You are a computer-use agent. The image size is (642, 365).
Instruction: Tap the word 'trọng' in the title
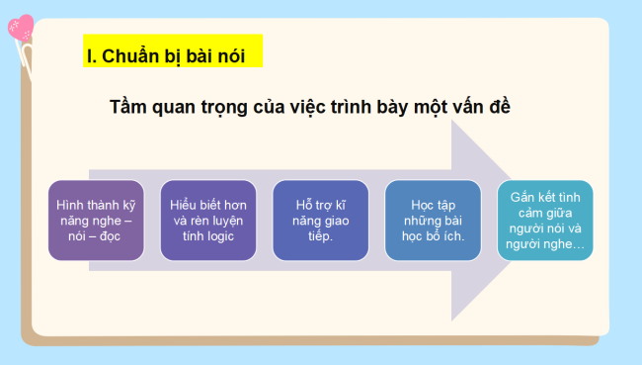[234, 107]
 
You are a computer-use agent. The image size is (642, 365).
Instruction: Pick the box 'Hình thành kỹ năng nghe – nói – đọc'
[96, 221]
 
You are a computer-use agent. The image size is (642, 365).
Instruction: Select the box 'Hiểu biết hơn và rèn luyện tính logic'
[207, 221]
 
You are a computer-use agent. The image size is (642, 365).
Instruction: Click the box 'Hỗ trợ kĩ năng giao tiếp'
[320, 221]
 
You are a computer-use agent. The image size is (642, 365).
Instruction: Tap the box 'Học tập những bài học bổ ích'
[433, 221]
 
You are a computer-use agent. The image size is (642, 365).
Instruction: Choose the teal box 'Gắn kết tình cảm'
[545, 221]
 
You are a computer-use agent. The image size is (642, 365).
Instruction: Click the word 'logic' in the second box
[225, 236]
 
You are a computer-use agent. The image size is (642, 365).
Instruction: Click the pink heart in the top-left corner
[20, 27]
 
